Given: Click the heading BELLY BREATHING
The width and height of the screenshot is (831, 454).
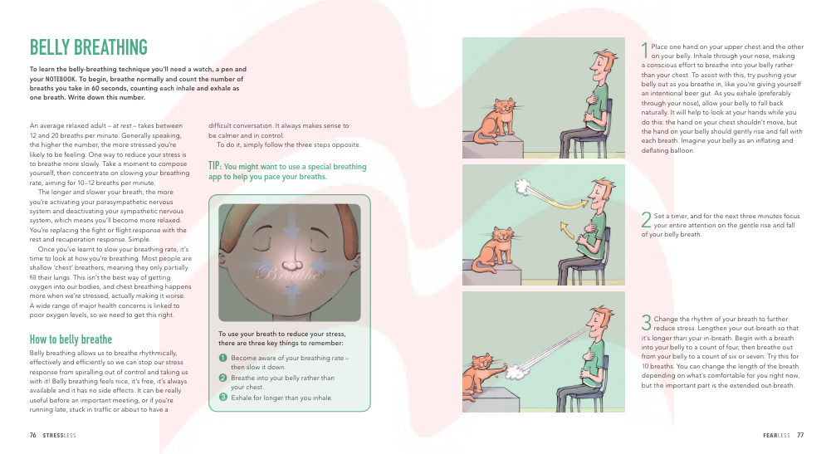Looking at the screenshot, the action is pos(89,47).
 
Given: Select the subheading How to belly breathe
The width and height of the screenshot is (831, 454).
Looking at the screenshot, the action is pos(71,339).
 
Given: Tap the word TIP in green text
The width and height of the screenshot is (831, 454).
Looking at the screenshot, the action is pos(215,166).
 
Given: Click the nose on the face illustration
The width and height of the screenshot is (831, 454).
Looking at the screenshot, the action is pos(291,261).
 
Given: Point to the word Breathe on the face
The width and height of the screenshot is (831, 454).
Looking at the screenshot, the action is pos(289,273).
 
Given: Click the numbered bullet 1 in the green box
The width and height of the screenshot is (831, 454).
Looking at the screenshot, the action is pos(223,358).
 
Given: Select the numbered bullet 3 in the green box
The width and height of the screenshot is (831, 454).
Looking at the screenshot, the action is pos(223,397).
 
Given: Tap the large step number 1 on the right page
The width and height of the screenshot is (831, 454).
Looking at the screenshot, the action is pos(645,51).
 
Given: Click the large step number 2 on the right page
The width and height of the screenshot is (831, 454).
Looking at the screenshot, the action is pos(646,220).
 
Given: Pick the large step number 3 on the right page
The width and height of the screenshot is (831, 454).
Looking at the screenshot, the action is pos(646,322).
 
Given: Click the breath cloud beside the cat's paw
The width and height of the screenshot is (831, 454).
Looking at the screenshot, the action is pos(514,373).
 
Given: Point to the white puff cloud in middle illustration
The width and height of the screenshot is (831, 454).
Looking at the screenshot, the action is pos(523,187).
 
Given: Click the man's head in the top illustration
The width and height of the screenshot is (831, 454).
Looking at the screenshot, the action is pos(604,66).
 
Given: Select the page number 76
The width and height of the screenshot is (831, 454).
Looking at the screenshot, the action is pos(33,435).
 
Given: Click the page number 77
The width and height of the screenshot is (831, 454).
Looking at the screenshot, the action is pos(800,435).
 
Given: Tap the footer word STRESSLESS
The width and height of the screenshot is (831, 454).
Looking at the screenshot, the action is pos(60,436).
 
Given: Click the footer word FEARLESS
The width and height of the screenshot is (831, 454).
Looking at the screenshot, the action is pos(776,436).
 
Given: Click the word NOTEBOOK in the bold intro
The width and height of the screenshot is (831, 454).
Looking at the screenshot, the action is pos(61,79).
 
